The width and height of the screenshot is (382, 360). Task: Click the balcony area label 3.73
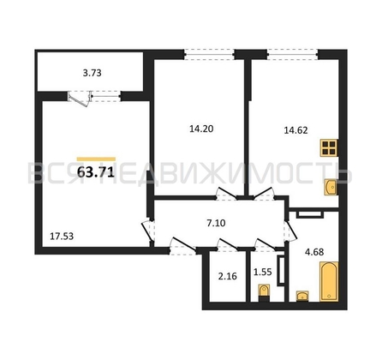pyautogui.click(x=92, y=73)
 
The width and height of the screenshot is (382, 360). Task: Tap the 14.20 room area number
pyautogui.click(x=201, y=129)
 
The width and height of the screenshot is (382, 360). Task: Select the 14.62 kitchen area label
pyautogui.click(x=295, y=130)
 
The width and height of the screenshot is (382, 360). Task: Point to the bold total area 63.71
pyautogui.click(x=96, y=172)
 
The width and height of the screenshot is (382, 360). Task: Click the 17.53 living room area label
pyautogui.click(x=62, y=237)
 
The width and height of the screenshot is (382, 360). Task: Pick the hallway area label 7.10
pyautogui.click(x=216, y=223)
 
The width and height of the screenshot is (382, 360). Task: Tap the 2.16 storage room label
pyautogui.click(x=228, y=276)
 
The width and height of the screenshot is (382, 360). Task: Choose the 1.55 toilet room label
pyautogui.click(x=263, y=272)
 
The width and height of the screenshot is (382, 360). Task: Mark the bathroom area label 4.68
pyautogui.click(x=314, y=252)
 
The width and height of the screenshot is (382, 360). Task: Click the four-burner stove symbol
pyautogui.click(x=329, y=147)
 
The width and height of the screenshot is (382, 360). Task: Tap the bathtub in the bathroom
pyautogui.click(x=329, y=281)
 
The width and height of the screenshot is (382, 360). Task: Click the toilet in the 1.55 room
pyautogui.click(x=264, y=293)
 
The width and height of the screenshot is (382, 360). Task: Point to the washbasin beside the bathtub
pyautogui.click(x=302, y=296)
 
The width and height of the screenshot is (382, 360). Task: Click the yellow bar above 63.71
pyautogui.click(x=96, y=159)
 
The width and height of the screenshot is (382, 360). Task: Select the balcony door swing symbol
pyautogui.click(x=80, y=99)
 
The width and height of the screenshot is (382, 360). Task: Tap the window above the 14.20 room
pyautogui.click(x=209, y=54)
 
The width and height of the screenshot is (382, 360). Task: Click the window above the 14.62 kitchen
pyautogui.click(x=293, y=54)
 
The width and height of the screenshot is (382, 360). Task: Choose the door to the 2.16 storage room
pyautogui.click(x=227, y=245)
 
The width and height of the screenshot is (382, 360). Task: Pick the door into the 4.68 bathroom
pyautogui.click(x=290, y=231)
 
